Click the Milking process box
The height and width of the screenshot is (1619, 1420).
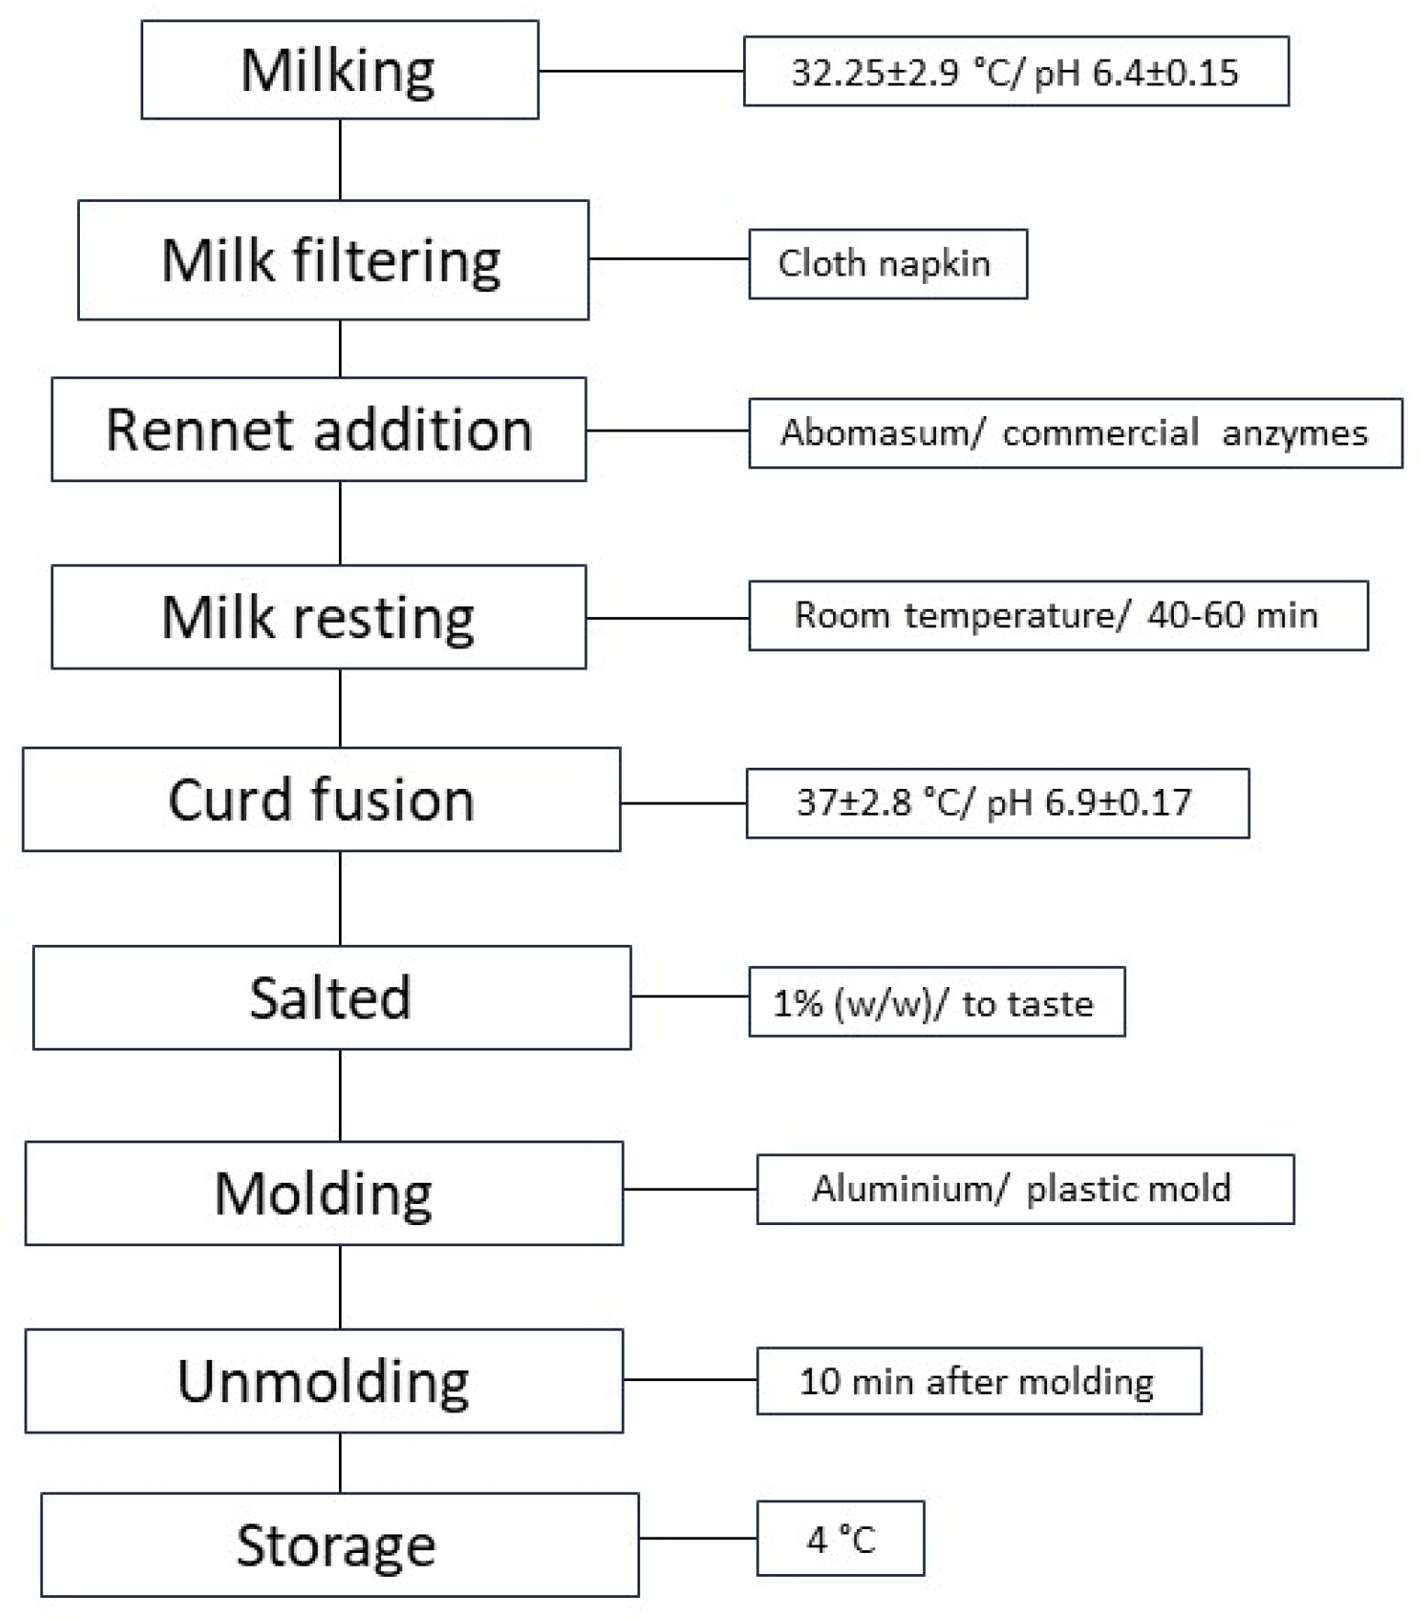[x=339, y=71]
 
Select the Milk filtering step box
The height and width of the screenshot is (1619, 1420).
[x=332, y=260]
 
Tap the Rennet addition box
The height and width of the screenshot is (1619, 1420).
[x=319, y=429]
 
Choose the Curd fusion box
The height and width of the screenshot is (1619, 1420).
[x=321, y=799]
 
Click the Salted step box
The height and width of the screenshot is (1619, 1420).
[x=332, y=997]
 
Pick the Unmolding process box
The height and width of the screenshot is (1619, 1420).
[x=323, y=1380]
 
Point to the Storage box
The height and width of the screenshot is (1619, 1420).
[x=339, y=1545]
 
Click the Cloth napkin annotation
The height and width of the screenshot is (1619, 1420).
[x=886, y=264]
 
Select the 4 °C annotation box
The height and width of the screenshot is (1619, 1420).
[x=840, y=1538]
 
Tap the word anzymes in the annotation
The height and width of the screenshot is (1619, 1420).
[x=1294, y=433]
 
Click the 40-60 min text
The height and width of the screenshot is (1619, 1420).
[x=1232, y=614]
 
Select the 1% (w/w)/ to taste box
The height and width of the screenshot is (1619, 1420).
[x=936, y=1002]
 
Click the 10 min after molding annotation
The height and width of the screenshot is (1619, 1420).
[x=978, y=1381]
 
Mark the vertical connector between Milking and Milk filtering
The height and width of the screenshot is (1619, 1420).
[x=340, y=159]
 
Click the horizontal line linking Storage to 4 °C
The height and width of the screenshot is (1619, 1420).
[x=698, y=1538]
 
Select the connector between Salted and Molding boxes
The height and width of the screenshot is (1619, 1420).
[x=340, y=1095]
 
